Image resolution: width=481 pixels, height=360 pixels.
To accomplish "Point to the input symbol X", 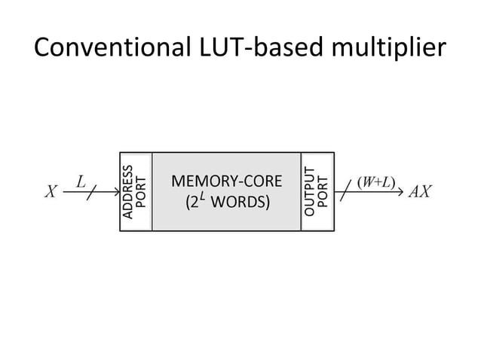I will [x=51, y=191].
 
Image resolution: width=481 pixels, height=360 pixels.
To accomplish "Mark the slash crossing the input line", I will [x=91, y=193].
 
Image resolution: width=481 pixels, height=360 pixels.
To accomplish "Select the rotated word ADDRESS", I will [x=128, y=191].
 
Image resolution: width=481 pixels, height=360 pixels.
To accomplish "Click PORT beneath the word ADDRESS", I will [x=142, y=191].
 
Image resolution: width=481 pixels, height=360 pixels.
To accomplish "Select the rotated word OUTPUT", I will [x=309, y=191].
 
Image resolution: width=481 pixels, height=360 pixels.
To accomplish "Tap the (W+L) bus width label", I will [x=373, y=182].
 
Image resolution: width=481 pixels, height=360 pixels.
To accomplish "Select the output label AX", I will [x=419, y=191].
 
